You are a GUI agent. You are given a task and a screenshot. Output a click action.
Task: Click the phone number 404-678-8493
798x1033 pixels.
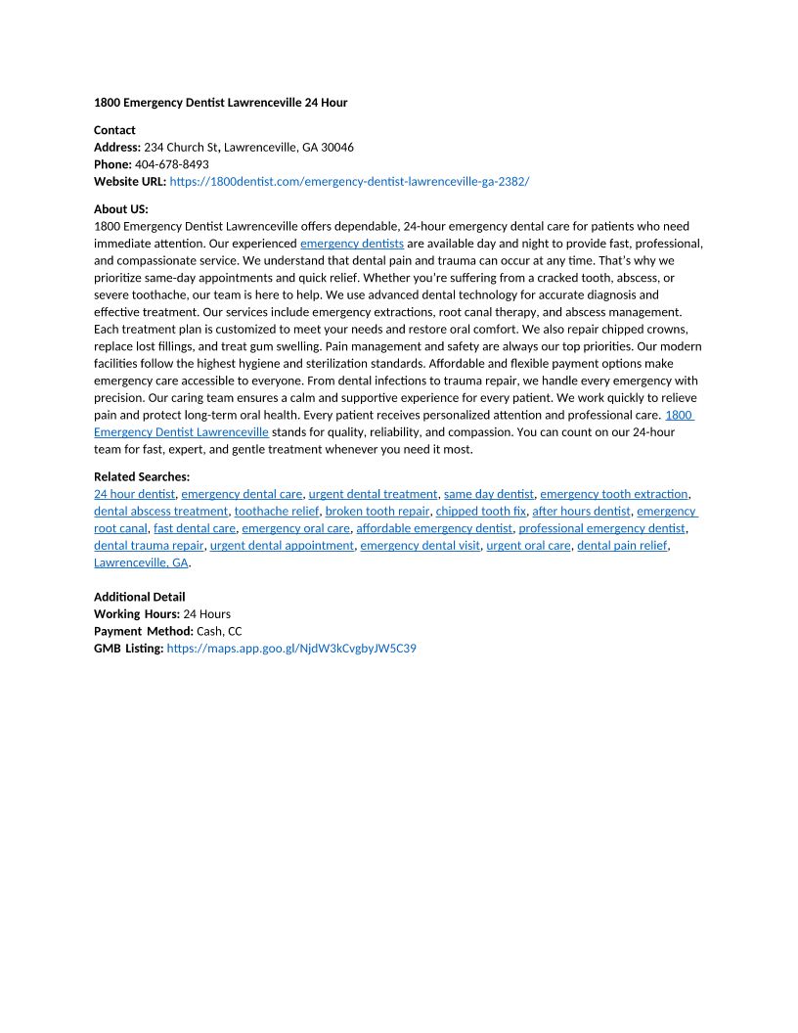point(171,164)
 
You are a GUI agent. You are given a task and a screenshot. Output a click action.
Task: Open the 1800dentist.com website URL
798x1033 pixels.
point(349,182)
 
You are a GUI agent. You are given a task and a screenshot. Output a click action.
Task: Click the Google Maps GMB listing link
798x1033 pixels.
point(291,649)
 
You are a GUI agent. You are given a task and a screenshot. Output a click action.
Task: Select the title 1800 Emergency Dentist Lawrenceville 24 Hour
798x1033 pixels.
point(220,103)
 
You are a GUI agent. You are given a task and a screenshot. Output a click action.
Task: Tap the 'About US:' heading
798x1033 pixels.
point(120,209)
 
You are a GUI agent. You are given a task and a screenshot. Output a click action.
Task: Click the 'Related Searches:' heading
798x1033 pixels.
point(142,477)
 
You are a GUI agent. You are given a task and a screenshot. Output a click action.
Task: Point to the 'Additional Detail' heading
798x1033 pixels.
point(139,597)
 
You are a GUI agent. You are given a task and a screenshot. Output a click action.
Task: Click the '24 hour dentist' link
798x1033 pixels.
point(134,494)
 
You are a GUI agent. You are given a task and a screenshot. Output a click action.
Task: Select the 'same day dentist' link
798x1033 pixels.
point(489,494)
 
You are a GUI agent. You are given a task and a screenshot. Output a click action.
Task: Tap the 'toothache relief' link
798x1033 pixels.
point(276,512)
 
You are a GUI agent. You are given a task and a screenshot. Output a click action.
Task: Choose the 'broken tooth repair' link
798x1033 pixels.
point(377,512)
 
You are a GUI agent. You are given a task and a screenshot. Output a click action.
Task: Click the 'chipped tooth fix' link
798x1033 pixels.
point(481,512)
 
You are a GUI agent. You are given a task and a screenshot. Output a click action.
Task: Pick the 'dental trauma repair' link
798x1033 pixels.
point(149,546)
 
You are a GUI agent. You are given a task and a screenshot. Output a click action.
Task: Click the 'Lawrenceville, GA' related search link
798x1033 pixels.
point(141,563)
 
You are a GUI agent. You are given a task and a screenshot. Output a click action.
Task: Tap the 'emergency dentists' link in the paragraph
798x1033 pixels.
point(352,244)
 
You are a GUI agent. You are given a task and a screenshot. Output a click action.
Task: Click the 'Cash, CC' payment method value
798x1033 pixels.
point(219,632)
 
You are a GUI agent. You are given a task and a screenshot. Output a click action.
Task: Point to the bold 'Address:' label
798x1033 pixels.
point(117,148)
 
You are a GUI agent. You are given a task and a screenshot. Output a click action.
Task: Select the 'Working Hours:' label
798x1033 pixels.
point(137,614)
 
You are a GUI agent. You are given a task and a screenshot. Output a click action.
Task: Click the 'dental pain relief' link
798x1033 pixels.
point(622,546)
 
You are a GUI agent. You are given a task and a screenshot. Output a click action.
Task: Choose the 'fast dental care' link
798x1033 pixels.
point(195,529)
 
